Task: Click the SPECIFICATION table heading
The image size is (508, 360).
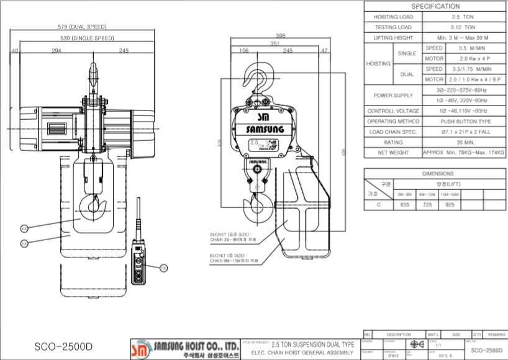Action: pyautogui.click(x=435, y=6)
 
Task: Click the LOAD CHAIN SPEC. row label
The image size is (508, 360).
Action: pyautogui.click(x=393, y=132)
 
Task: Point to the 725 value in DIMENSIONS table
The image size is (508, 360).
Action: pyautogui.click(x=427, y=203)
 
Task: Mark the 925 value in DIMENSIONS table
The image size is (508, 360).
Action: pyautogui.click(x=450, y=203)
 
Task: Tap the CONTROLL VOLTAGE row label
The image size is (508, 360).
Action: pyautogui.click(x=393, y=111)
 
